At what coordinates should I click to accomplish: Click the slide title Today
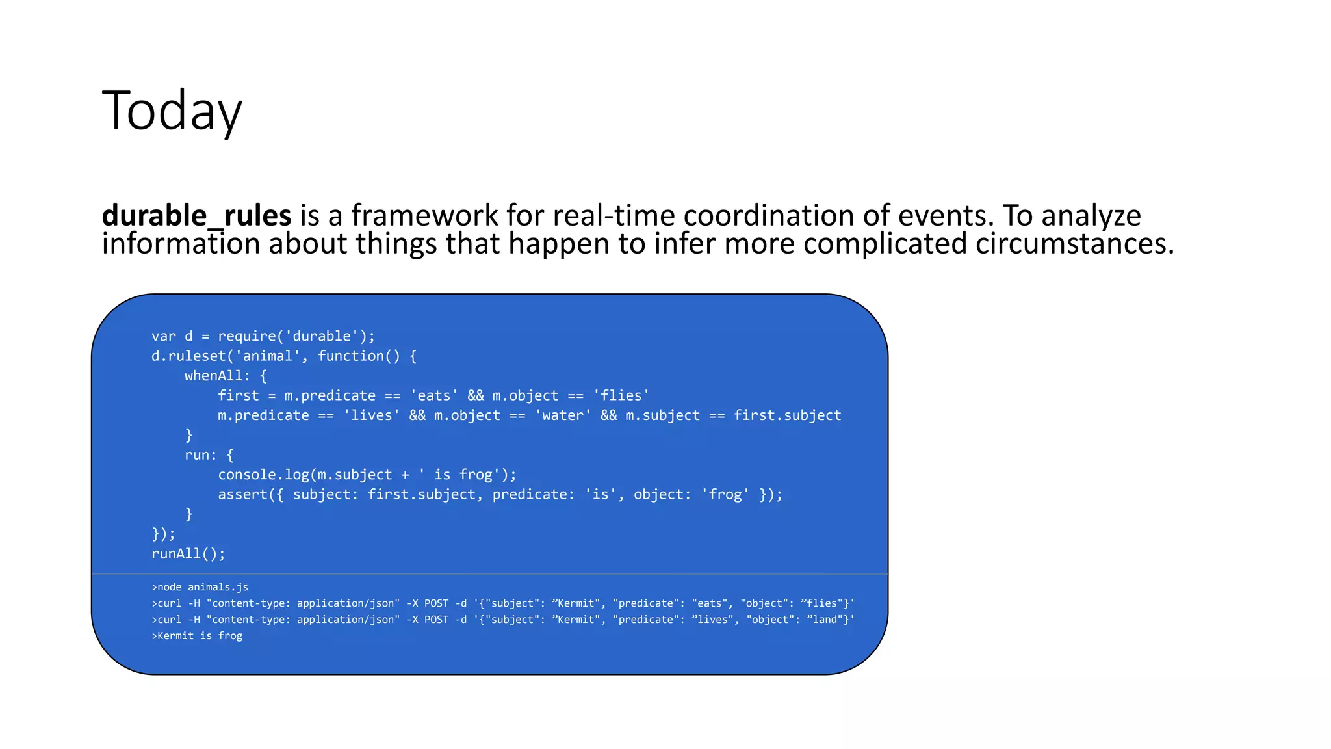point(172,111)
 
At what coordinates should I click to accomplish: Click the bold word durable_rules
point(196,216)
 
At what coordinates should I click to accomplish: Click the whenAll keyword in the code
point(213,376)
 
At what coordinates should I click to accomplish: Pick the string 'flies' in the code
point(621,395)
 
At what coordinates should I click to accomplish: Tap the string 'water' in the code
point(562,415)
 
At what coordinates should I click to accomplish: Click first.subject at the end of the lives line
point(787,415)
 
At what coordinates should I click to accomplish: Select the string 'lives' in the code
point(371,415)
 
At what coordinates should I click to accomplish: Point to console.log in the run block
point(263,475)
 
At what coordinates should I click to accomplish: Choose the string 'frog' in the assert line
point(725,495)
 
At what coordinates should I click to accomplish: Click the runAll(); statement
point(188,554)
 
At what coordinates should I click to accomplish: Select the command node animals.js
point(202,587)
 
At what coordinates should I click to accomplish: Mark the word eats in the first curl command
point(710,603)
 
